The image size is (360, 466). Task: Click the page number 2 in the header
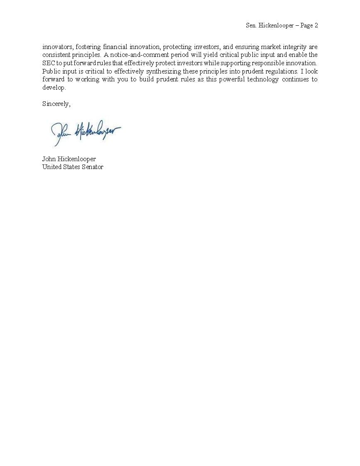[316, 26]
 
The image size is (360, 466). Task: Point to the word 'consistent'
[56, 55]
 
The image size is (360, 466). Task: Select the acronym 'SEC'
[49, 63]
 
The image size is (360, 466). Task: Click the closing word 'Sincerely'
[56, 104]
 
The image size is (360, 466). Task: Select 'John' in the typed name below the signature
[49, 159]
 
